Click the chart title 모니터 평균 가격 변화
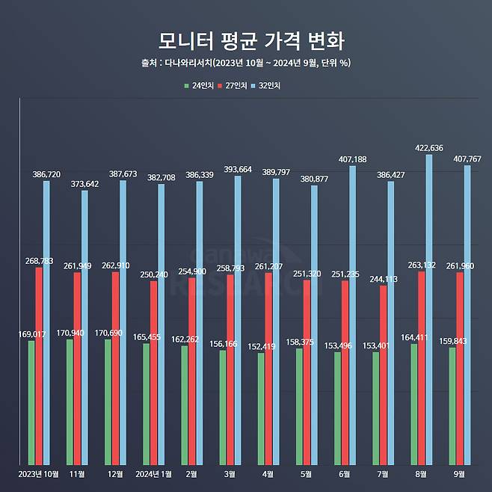(x=245, y=40)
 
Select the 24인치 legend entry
(x=198, y=86)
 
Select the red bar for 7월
(x=384, y=374)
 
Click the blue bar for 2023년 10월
(x=46, y=322)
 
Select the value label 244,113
(x=384, y=278)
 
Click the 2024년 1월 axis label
(x=153, y=473)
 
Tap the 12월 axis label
(x=115, y=473)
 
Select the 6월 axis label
(x=345, y=473)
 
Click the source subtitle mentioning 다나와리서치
(x=245, y=63)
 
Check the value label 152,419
(x=260, y=346)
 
